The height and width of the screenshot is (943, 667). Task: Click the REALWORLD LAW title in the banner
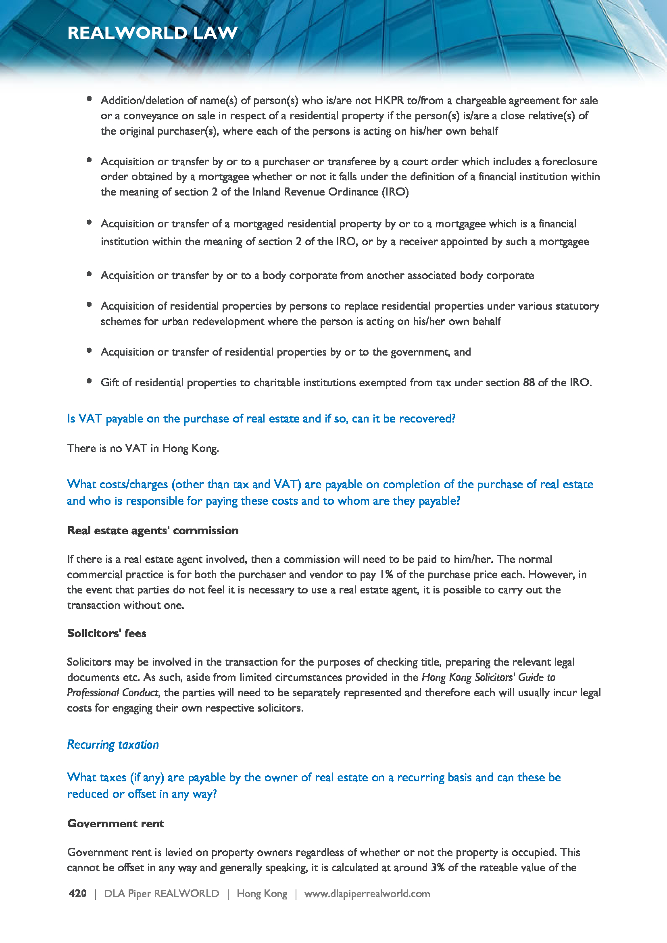click(152, 33)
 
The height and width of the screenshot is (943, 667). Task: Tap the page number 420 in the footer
click(77, 893)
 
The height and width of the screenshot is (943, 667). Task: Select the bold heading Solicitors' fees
click(107, 633)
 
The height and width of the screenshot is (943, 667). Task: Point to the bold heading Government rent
click(115, 823)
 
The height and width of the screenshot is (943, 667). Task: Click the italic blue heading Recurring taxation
click(113, 744)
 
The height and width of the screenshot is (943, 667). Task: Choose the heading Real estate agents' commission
click(153, 530)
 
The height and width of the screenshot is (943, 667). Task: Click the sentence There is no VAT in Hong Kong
click(143, 448)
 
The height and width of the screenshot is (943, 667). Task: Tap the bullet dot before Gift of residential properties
click(89, 381)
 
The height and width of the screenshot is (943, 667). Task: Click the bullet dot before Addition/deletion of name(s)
click(89, 99)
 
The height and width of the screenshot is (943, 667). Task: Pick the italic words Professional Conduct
click(113, 693)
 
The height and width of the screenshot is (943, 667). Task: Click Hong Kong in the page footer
click(262, 893)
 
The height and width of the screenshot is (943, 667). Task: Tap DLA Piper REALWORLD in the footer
click(161, 893)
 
